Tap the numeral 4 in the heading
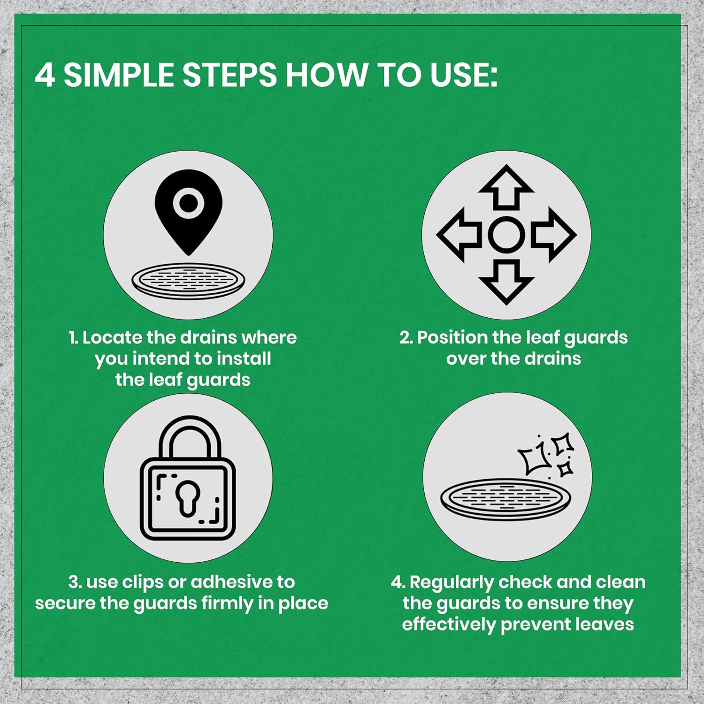(45, 75)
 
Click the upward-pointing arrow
(506, 186)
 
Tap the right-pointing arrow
(554, 234)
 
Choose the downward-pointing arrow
(506, 283)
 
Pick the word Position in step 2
(453, 337)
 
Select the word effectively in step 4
(449, 625)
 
